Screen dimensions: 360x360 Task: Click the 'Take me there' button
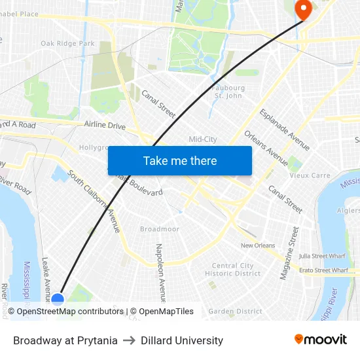[x=180, y=160]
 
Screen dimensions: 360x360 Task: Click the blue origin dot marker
[x=58, y=300]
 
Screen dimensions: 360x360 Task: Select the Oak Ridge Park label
[x=67, y=44]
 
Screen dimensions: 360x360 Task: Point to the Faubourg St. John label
[x=228, y=92]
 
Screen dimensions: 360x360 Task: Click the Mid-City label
[x=202, y=139]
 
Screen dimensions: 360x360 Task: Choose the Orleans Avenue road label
[x=266, y=148]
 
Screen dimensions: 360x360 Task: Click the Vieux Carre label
[x=310, y=175]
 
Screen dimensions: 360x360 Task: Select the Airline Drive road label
[x=105, y=125]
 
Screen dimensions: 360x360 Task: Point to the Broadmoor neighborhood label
[x=159, y=229]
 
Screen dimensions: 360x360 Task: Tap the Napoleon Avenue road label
[x=159, y=268]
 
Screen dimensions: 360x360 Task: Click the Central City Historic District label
[x=232, y=270]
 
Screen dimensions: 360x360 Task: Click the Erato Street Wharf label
[x=323, y=270]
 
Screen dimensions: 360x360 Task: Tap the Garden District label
[x=235, y=312]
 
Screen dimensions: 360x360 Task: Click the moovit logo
[x=320, y=340]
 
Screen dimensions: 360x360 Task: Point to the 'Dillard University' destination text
[x=182, y=340]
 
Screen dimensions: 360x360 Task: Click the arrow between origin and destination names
[x=129, y=340]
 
